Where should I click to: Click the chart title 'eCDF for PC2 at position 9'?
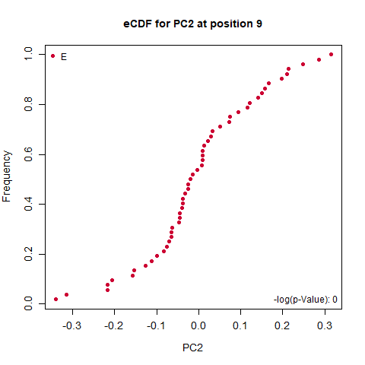click(x=192, y=24)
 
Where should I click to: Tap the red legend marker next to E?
click(x=52, y=56)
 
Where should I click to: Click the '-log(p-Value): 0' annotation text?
click(x=306, y=300)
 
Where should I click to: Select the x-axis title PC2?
click(x=192, y=348)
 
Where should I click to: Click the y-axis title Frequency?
click(x=7, y=176)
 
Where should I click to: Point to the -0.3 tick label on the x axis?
click(x=72, y=325)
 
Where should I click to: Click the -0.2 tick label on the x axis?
click(x=114, y=325)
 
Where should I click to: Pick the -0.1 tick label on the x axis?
click(x=157, y=325)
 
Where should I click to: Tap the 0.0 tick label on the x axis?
click(x=198, y=325)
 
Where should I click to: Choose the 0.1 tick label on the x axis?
click(x=240, y=325)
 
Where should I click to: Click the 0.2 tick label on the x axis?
click(x=282, y=325)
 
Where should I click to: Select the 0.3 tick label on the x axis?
click(x=325, y=325)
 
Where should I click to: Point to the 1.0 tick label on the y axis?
click(x=28, y=54)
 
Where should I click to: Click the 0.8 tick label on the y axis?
click(x=28, y=104)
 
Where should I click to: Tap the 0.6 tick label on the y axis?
click(x=28, y=154)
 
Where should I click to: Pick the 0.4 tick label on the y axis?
click(x=28, y=204)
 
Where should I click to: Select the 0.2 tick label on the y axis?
click(x=28, y=254)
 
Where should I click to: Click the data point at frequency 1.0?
click(x=331, y=55)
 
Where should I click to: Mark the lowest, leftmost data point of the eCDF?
click(x=56, y=300)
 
